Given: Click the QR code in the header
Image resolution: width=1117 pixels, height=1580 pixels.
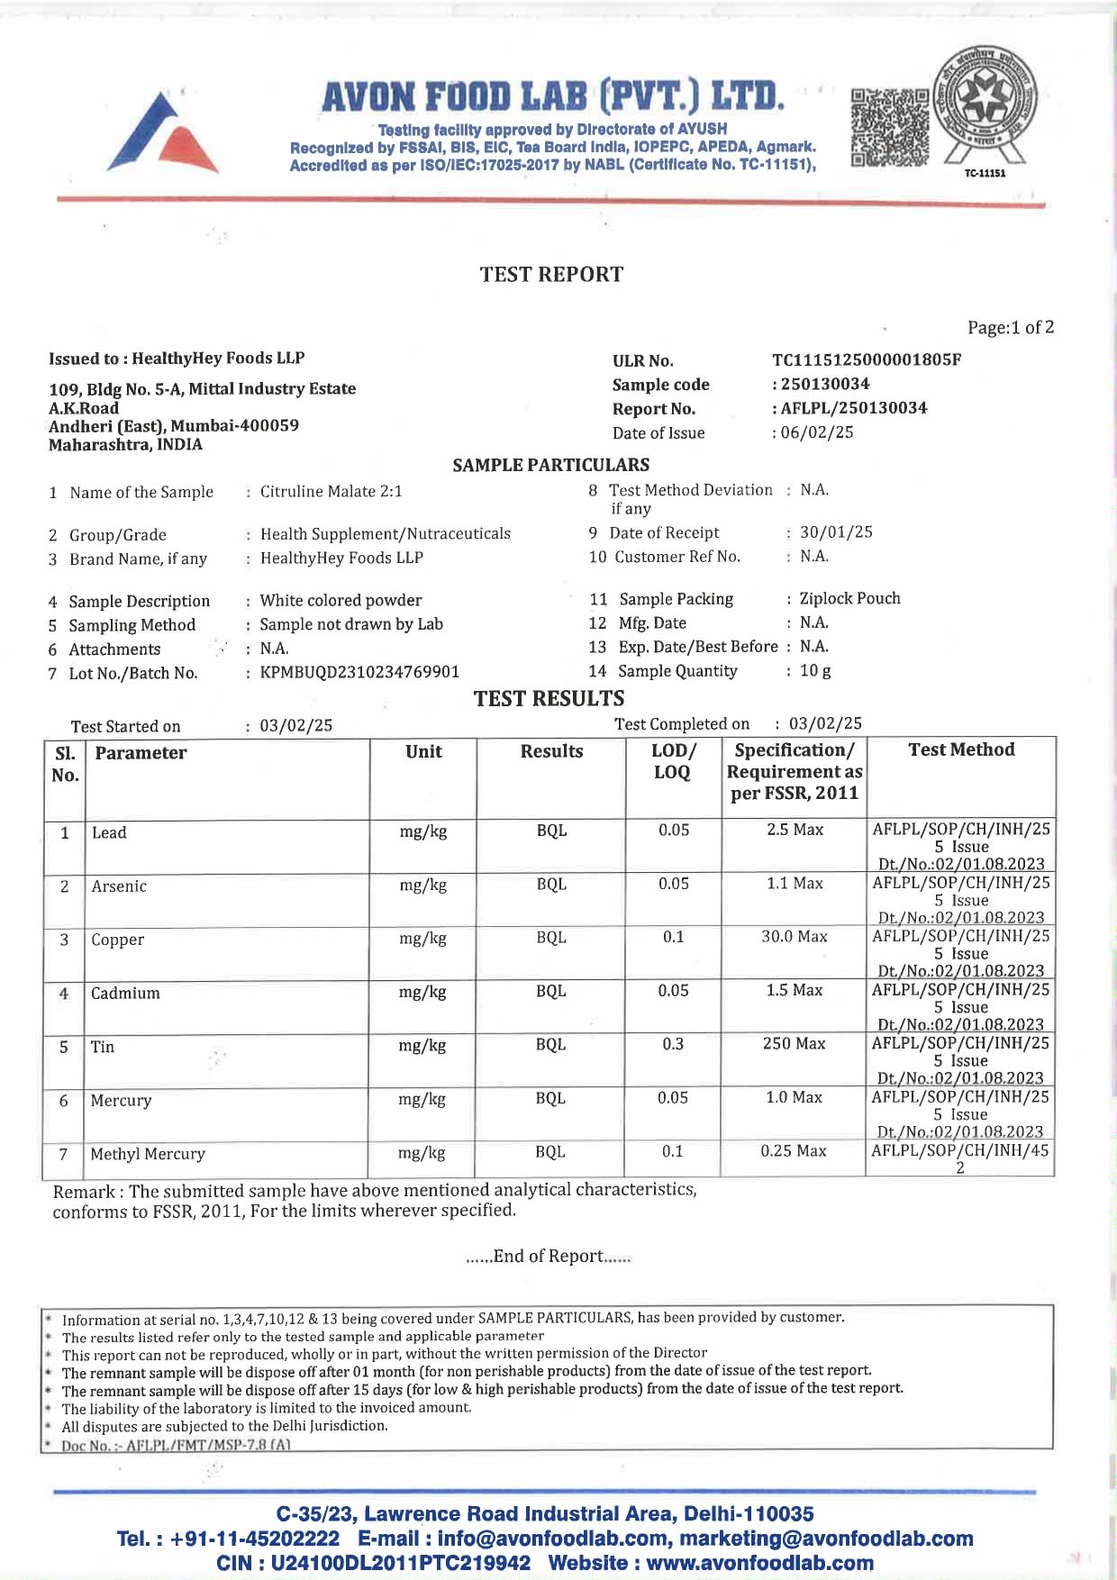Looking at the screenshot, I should coord(889,128).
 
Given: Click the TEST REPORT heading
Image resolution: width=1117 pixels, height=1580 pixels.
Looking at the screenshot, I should coord(551,275).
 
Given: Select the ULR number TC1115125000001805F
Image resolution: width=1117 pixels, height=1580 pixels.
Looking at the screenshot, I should coord(867,360).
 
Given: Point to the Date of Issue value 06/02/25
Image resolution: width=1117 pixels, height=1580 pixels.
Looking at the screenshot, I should coord(817,432).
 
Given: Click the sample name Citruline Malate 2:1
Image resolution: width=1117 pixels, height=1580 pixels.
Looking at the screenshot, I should coord(331,492).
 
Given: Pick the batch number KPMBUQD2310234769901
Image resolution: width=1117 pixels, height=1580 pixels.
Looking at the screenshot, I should coord(359,672).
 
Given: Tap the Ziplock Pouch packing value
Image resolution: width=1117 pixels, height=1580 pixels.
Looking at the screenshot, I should coord(849,599).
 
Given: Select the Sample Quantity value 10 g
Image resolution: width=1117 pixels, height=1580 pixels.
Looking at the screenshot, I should coord(815,671).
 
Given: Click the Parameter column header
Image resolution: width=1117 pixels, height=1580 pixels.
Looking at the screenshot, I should coord(141,753).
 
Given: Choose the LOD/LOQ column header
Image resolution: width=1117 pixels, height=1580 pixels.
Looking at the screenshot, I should coord(672,761).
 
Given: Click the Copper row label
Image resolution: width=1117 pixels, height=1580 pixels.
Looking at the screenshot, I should coord(117,940).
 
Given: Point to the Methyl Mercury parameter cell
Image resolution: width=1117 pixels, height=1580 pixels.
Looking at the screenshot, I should coord(148,1154).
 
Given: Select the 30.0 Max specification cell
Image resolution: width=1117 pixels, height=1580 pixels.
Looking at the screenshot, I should coord(794,937).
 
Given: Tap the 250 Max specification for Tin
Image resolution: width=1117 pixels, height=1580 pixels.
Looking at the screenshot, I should coord(794,1044).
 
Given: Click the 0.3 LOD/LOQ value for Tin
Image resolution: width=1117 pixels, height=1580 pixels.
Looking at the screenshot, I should coord(673,1044).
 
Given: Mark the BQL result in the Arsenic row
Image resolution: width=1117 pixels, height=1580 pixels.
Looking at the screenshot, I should coord(551,885).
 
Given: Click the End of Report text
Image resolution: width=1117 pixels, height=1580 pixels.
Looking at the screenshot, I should coord(548,1257).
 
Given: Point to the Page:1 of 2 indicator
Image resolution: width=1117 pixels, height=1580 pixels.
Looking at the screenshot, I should coord(1011,328).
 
